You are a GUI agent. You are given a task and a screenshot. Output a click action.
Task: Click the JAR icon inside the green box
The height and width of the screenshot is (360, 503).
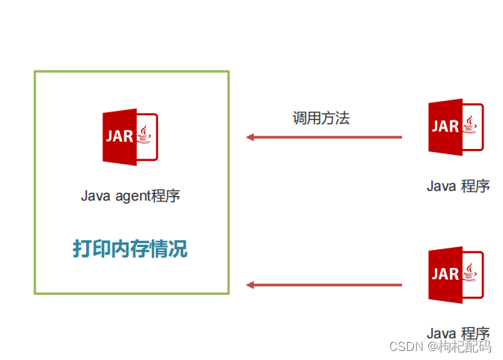[x=130, y=137]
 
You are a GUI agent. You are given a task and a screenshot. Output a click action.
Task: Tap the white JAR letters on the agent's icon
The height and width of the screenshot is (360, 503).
[x=120, y=137]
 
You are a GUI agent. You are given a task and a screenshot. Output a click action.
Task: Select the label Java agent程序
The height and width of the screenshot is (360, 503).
[x=130, y=196]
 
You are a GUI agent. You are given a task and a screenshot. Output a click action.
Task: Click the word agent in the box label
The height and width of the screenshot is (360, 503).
[x=131, y=197]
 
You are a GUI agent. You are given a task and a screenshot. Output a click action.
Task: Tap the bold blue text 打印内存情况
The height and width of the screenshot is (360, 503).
[x=130, y=248]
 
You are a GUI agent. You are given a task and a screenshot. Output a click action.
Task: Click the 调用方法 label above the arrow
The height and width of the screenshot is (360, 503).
[x=321, y=118]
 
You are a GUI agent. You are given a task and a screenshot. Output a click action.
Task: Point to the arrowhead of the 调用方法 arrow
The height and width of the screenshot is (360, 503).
[x=251, y=137]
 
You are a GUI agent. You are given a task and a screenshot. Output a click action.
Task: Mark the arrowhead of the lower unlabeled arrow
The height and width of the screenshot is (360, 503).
[x=251, y=285]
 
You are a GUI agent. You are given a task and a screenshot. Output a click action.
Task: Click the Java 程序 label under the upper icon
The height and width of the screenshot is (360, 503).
[x=458, y=186]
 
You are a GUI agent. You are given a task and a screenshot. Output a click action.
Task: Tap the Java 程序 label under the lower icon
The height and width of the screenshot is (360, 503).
[x=458, y=333]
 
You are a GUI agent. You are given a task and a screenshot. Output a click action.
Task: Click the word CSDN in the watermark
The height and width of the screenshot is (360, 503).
[x=407, y=347]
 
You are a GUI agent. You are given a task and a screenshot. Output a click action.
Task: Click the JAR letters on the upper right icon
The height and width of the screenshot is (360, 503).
[x=445, y=126]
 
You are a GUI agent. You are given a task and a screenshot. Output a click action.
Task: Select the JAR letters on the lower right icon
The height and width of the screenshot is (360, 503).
[x=445, y=274]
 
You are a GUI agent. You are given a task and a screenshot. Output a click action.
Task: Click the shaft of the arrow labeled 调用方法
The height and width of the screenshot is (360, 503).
[x=329, y=137]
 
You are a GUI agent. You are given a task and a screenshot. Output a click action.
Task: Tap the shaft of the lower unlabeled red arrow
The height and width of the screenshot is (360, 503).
[x=329, y=285]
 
